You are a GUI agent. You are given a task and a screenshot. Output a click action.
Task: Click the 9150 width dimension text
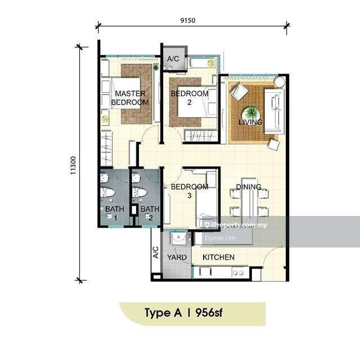pyautogui.click(x=188, y=20)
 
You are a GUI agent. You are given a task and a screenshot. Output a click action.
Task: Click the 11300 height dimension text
pyautogui.click(x=73, y=165)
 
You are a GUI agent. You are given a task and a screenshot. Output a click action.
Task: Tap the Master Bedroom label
pyautogui.click(x=130, y=98)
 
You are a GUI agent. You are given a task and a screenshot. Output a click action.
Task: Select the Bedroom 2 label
pyautogui.click(x=190, y=97)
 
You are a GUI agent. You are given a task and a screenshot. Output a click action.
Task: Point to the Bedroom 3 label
pyautogui.click(x=190, y=191)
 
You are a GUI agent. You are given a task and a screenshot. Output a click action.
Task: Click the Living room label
pyautogui.click(x=250, y=122)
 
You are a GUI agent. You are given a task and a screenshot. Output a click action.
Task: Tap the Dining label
pyautogui.click(x=249, y=187)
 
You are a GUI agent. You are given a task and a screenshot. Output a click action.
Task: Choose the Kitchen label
pyautogui.click(x=219, y=257)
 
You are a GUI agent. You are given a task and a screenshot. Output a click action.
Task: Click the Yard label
pyautogui.click(x=177, y=257)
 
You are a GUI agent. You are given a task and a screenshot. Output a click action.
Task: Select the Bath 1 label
pyautogui.click(x=115, y=213)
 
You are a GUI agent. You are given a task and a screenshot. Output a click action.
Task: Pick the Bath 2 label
pyautogui.click(x=150, y=213)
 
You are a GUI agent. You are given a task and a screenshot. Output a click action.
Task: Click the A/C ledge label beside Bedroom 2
pyautogui.click(x=173, y=58)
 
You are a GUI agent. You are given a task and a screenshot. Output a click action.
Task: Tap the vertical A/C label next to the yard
pyautogui.click(x=156, y=252)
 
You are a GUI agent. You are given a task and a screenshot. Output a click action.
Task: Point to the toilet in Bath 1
pyautogui.click(x=107, y=192)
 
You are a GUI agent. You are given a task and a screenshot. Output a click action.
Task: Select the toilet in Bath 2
pyautogui.click(x=139, y=192)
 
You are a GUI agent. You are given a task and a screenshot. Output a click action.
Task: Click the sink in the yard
pyautogui.click(x=178, y=238)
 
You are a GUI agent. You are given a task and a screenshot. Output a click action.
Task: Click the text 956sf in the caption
pyautogui.click(x=209, y=313)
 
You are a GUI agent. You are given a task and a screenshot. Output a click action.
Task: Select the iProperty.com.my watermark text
pyautogui.click(x=236, y=225)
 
